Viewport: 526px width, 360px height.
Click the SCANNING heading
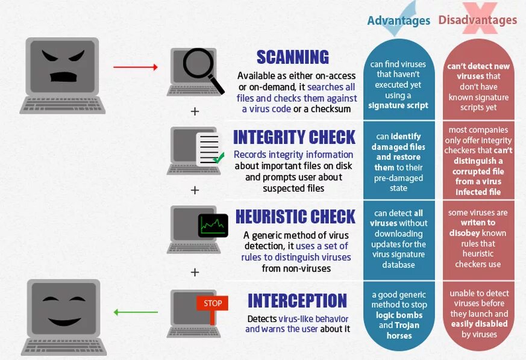tap(292, 57)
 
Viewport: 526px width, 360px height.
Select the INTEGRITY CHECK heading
tap(294, 137)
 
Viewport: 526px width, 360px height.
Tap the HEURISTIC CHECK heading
tap(295, 217)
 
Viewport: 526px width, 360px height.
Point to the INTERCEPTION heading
tap(297, 301)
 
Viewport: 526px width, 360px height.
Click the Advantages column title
tap(398, 20)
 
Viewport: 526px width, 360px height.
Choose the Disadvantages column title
tap(477, 20)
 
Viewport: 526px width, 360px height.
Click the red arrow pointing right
tap(136, 67)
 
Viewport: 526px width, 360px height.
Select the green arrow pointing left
tap(136, 312)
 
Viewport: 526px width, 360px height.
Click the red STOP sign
tap(212, 303)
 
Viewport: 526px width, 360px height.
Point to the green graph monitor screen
tap(213, 226)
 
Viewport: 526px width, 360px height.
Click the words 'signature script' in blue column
tap(398, 106)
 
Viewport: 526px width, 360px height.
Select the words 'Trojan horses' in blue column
tap(398, 330)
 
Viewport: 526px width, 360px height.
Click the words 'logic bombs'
tap(398, 315)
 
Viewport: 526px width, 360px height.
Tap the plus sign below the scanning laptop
tap(195, 111)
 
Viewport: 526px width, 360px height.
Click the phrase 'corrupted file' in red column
tap(479, 172)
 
